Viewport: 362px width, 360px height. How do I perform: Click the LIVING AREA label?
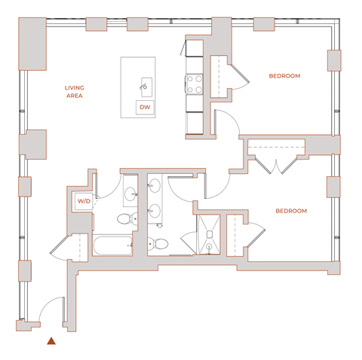click(x=73, y=92)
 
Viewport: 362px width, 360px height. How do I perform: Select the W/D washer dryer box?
click(x=83, y=201)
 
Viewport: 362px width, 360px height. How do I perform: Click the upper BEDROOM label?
click(x=285, y=76)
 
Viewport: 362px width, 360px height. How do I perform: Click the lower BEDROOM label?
click(x=290, y=211)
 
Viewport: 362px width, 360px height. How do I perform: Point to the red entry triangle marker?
click(x=51, y=341)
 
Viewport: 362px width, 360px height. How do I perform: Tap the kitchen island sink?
click(x=146, y=84)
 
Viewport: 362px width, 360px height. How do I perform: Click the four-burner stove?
click(x=194, y=83)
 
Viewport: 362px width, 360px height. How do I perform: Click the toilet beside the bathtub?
click(x=125, y=219)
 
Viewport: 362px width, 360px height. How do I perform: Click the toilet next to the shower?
click(x=159, y=243)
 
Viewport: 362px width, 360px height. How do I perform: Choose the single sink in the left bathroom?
click(x=129, y=193)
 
